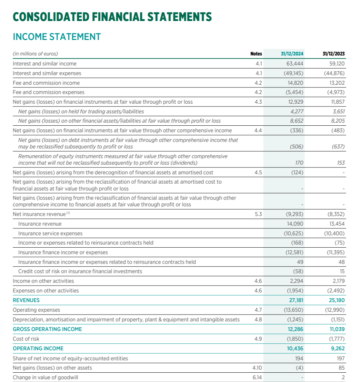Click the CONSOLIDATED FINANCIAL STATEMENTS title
(112, 17)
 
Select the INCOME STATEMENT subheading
(57, 37)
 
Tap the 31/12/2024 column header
(292, 54)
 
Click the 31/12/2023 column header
(333, 54)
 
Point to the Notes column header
(256, 54)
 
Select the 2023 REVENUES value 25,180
(337, 300)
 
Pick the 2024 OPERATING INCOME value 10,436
(295, 348)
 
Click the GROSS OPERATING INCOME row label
(47, 329)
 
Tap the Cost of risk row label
(26, 339)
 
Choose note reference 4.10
(257, 368)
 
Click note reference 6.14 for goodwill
(257, 377)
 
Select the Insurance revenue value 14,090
(295, 224)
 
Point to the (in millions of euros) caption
(35, 54)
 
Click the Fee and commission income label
(46, 83)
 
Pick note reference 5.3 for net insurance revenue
(258, 214)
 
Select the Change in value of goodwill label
(45, 377)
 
